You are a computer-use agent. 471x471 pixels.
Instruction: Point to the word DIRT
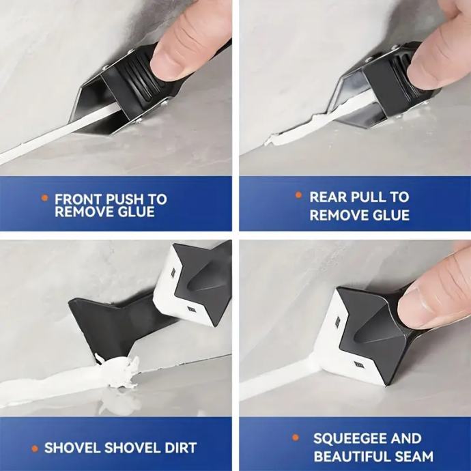pos(180,448)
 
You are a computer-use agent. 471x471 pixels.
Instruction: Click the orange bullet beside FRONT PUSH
pos(45,198)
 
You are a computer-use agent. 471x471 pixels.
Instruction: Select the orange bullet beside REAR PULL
pos(298,195)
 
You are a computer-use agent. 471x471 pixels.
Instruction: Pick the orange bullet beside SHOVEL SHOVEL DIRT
pos(35,448)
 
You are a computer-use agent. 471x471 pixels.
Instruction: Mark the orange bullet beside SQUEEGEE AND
pos(296,438)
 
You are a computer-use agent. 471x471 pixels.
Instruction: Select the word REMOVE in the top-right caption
pos(336,215)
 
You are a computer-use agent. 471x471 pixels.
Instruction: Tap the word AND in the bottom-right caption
pos(406,438)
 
